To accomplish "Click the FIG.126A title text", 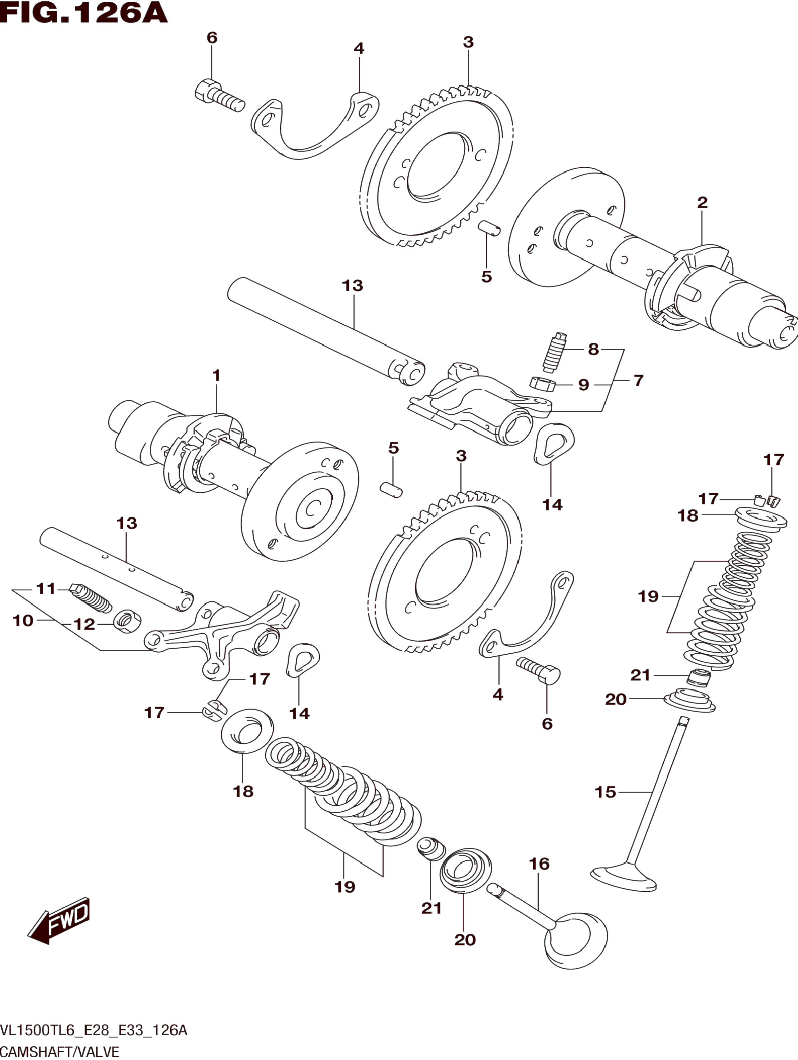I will tap(84, 13).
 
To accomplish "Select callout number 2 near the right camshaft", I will tap(702, 203).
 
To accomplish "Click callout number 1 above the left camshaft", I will tap(216, 375).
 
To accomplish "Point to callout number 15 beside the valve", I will tap(605, 792).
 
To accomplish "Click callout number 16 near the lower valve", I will tap(539, 864).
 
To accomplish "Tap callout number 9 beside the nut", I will tap(583, 385).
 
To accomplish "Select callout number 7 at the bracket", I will tap(638, 381).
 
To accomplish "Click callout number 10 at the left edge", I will tap(23, 621).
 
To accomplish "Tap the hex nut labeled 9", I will tap(542, 384).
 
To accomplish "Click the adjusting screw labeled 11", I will tap(91, 598).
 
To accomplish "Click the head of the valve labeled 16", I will tap(576, 938).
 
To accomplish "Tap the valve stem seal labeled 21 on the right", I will tap(698, 677).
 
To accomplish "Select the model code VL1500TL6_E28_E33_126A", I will tap(93, 1030).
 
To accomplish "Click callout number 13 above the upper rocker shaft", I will tap(352, 286).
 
